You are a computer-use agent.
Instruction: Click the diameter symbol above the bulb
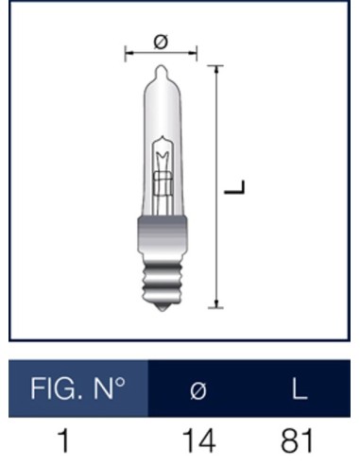point(160,42)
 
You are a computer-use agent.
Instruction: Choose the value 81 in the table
point(299,440)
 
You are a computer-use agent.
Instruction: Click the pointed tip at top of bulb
point(161,68)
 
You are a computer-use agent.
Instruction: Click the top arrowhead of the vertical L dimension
point(218,69)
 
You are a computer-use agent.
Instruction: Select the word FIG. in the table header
point(54,388)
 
